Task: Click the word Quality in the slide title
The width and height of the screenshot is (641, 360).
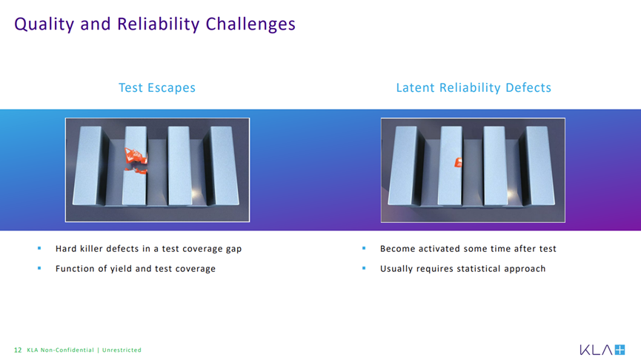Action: [x=44, y=24]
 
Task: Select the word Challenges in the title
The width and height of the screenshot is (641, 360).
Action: [x=250, y=24]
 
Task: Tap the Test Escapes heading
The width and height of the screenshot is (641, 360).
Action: [x=157, y=87]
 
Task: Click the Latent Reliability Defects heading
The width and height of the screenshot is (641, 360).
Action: [x=474, y=87]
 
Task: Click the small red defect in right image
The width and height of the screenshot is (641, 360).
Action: [x=458, y=162]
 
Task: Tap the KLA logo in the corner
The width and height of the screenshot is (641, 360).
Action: [x=602, y=350]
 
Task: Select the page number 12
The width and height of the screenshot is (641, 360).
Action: [x=18, y=350]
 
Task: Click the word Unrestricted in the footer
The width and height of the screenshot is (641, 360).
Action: [x=122, y=350]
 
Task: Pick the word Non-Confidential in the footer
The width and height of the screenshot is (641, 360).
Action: [x=67, y=350]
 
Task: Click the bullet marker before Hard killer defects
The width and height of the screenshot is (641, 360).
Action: [x=39, y=248]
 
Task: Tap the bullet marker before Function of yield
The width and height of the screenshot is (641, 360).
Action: [x=39, y=268]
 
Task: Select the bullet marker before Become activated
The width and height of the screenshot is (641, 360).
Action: [x=364, y=248]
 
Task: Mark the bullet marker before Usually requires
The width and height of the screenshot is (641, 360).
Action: [x=364, y=268]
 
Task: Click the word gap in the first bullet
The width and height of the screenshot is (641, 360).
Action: [x=233, y=250]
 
